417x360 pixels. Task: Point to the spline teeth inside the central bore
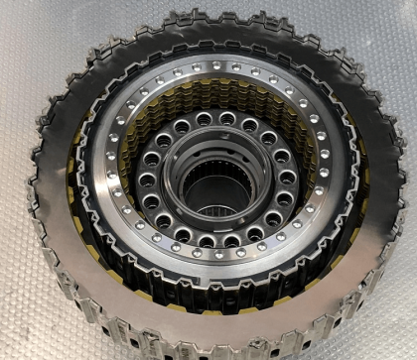click(x=211, y=180)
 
